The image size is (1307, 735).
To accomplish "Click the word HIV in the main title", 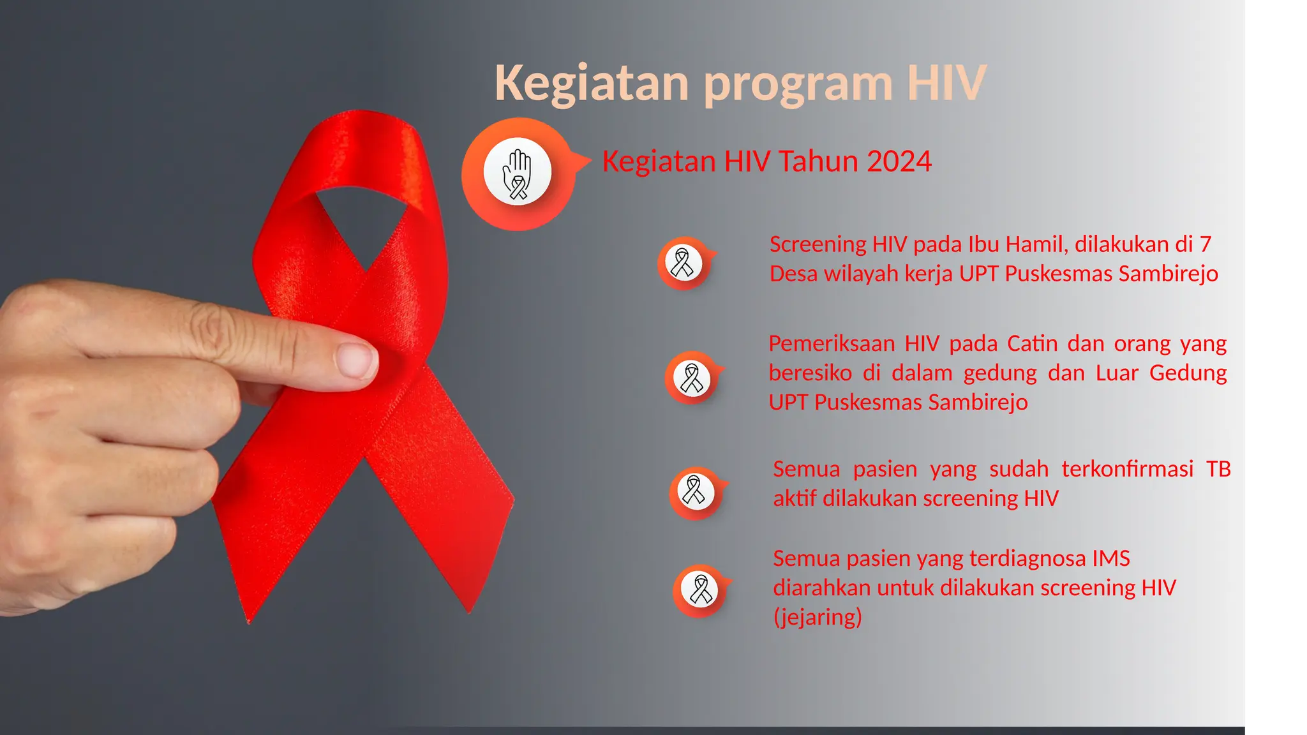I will coord(947,83).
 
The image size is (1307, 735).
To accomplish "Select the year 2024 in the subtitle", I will coord(899,161).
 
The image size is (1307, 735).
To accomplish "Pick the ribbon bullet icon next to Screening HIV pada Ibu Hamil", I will coord(683,263).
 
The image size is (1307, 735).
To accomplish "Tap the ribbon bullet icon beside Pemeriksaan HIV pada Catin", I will coord(692,378).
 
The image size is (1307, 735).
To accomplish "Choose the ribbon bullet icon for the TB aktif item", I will coord(694,491).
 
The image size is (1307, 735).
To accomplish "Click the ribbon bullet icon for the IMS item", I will coord(700,590).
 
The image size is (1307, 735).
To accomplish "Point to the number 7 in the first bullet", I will coord(1205,244).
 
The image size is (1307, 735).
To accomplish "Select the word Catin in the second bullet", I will coord(1032,344).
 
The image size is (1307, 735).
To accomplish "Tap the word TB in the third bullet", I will coord(1218,469).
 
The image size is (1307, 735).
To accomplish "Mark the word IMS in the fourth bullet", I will coord(1110,558).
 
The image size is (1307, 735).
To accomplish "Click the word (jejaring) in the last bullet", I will coord(818,617).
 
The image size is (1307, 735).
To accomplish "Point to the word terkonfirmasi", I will coord(1127,469).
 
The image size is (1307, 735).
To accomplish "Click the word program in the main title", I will coord(797,84).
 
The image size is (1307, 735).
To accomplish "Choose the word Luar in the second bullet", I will coord(1116,373).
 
